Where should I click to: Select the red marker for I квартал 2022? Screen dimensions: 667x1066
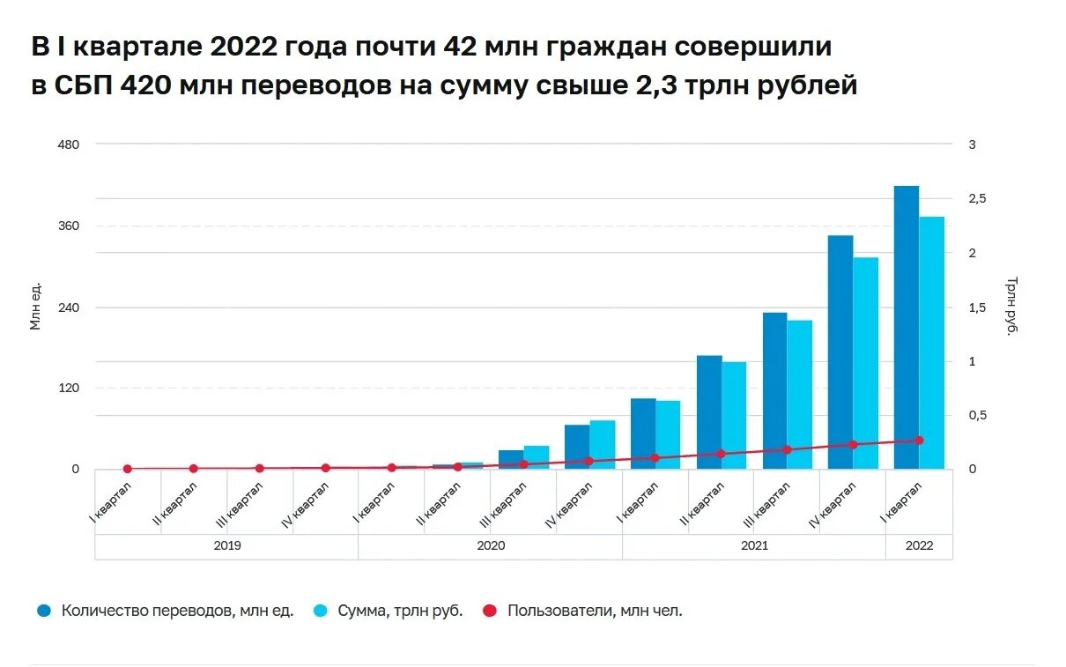click(919, 440)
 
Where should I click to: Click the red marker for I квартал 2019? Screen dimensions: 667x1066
click(128, 469)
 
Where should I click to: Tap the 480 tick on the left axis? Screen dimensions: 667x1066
click(69, 145)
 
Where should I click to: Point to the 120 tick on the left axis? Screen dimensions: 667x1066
click(69, 388)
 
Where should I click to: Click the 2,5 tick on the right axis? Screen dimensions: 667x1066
click(976, 199)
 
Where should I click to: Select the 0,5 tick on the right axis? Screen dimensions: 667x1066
click(976, 415)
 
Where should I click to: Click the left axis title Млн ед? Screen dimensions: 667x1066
click(36, 306)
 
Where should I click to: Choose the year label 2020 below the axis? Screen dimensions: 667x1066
click(491, 546)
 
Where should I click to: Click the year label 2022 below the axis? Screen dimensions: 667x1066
click(919, 546)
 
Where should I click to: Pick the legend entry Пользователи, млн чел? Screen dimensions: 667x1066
click(595, 611)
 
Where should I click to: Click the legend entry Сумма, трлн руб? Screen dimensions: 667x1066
click(399, 611)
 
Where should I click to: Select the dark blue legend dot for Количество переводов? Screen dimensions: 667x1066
click(43, 611)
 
